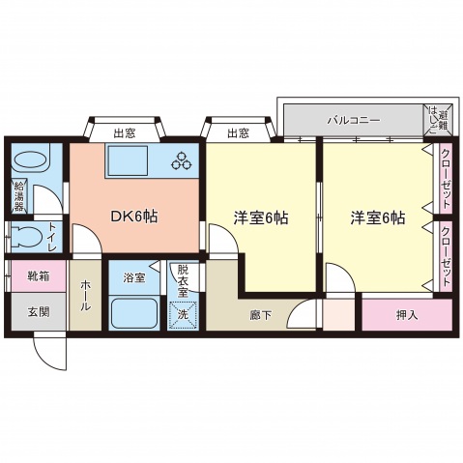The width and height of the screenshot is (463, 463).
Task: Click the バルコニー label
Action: (352, 121)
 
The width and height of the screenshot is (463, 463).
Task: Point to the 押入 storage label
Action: (407, 315)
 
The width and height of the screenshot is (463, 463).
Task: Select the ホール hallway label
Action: (85, 294)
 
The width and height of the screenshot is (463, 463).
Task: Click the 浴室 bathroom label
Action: (133, 277)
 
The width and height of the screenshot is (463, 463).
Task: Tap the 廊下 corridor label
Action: (258, 315)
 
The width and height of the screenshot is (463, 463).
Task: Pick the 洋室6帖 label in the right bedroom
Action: (377, 217)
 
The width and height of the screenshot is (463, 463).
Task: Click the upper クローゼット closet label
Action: (446, 178)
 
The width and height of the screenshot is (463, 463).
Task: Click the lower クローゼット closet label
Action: (446, 253)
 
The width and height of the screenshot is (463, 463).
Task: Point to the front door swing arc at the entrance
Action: (51, 353)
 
